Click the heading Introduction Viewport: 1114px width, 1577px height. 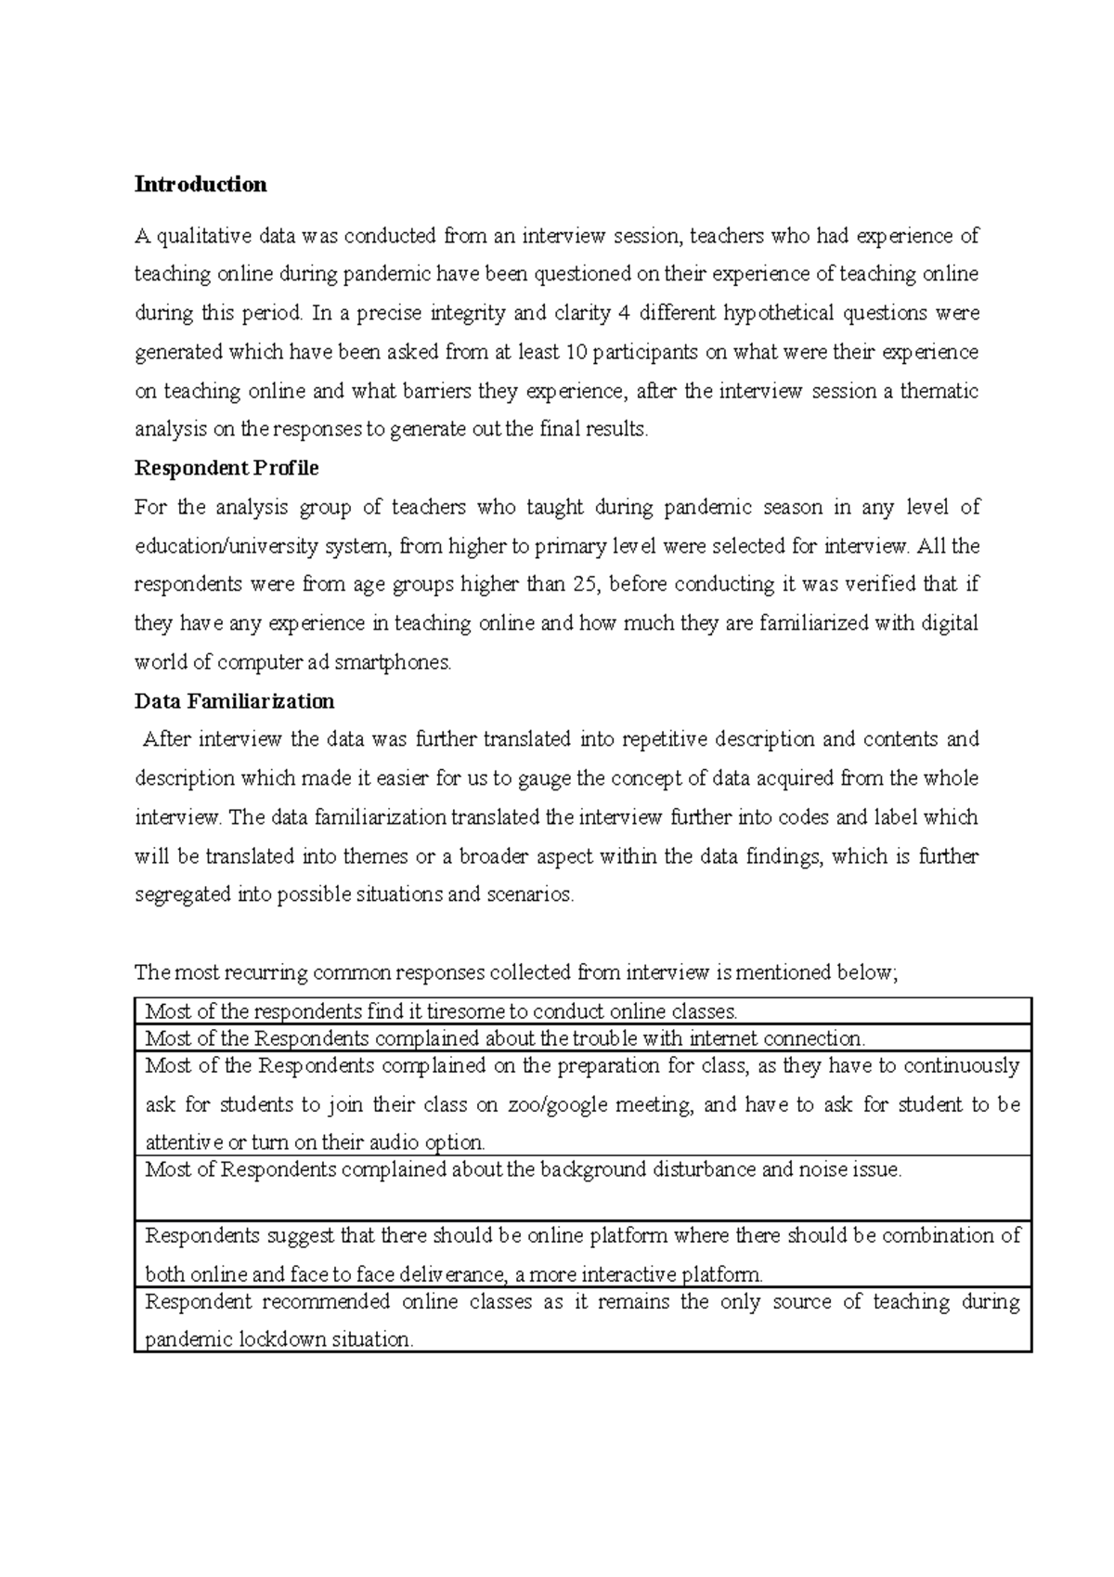pos(201,184)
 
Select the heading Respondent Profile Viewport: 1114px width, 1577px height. pos(227,468)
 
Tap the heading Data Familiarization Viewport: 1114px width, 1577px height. pos(234,700)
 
